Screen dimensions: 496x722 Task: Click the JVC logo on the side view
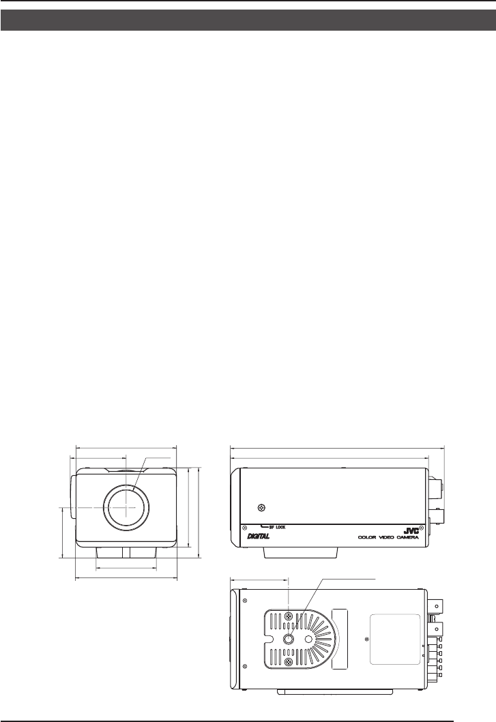coord(411,530)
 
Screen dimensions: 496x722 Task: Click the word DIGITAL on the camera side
coord(258,536)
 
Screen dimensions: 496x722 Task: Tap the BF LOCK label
coord(277,527)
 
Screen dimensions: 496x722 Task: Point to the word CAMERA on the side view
coord(406,537)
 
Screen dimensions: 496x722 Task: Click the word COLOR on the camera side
coord(367,537)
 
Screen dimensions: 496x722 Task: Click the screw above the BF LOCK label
coord(261,508)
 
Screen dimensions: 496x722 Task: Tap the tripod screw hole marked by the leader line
coord(289,639)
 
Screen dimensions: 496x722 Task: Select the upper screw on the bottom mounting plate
coord(289,616)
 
